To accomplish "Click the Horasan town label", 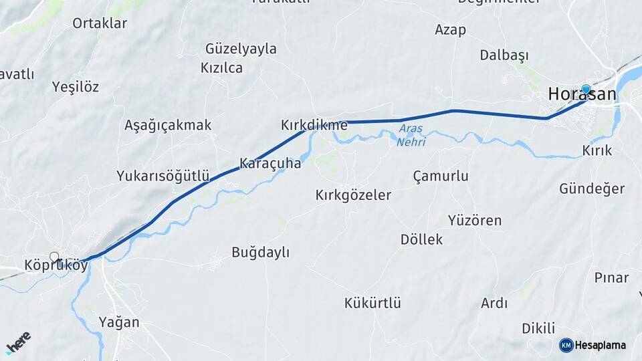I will tap(581, 95).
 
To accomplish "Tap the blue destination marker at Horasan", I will tap(586, 89).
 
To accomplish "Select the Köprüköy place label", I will tap(56, 265).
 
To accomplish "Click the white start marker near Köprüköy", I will tap(54, 257).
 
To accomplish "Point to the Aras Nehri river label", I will tap(411, 135).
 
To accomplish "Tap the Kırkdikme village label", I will tap(314, 125).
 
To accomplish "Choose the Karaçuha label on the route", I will tap(270, 163).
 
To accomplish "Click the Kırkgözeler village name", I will tap(353, 195).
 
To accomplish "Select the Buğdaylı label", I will tap(260, 252).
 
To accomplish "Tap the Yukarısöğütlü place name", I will tap(163, 176).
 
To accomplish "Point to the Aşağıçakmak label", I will tap(168, 125).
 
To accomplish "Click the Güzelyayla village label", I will tap(241, 49).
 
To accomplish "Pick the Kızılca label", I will tap(221, 68).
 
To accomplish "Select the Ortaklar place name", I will tap(100, 23).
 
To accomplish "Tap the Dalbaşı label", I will tap(504, 55).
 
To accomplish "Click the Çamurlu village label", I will tap(441, 176).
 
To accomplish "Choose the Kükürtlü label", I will tap(372, 303).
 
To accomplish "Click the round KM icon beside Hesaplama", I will tap(566, 345).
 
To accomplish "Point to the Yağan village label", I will tap(119, 322).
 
